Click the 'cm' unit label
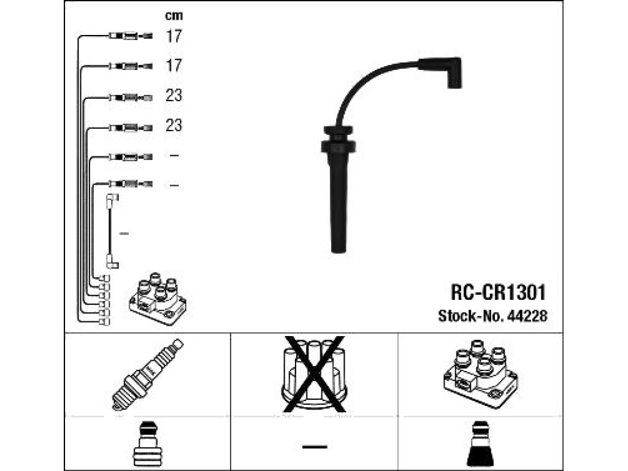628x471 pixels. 174,15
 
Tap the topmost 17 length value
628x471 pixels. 174,36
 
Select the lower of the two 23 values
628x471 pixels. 174,125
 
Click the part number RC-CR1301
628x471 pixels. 498,293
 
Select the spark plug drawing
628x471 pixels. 147,375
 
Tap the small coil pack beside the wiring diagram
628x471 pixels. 158,299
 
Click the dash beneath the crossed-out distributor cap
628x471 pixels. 315,446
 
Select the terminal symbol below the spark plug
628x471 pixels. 147,444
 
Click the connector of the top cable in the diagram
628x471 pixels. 131,36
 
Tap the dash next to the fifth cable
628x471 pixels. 174,155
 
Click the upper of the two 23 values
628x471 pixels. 174,95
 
